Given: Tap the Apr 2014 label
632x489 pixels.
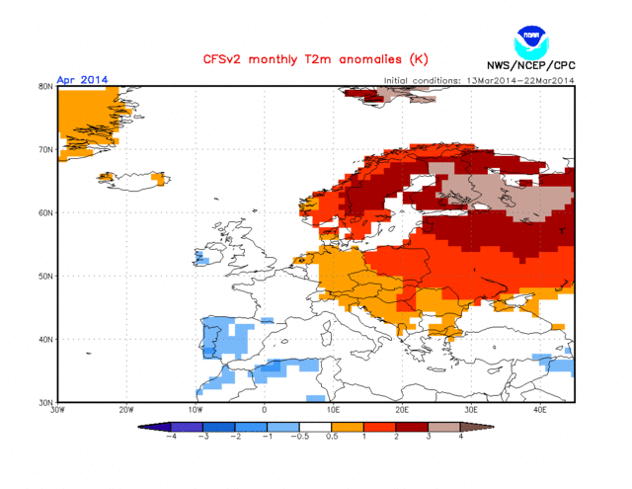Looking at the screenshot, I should tap(82, 80).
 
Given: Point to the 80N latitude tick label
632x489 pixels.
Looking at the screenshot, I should tap(44, 86).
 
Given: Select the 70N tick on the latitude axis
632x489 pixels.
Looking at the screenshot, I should tap(44, 149).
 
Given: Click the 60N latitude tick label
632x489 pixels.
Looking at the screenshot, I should tap(44, 212).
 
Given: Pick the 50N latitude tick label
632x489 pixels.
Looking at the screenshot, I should tap(44, 276).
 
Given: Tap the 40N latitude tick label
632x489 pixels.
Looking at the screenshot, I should tap(44, 339).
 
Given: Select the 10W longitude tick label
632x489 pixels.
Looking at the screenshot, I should tap(195, 409).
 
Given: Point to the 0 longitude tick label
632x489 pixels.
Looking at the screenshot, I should tap(264, 409).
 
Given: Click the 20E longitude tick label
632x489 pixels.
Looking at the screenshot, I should tap(402, 409).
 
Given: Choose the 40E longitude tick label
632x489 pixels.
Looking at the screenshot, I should tap(540, 409).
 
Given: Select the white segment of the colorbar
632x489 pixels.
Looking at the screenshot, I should tap(316, 427).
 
